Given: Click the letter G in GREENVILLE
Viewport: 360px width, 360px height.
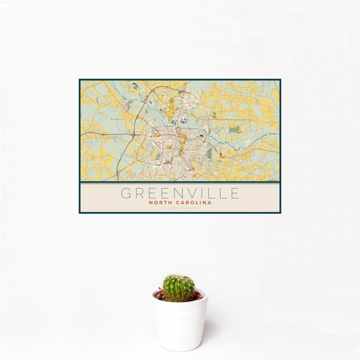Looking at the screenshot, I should [x=126, y=193].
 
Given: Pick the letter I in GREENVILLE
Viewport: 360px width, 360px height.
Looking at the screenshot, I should [x=196, y=193].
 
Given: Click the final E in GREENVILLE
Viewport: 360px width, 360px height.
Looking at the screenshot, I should [x=234, y=193].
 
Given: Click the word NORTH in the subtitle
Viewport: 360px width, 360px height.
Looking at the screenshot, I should [x=162, y=203].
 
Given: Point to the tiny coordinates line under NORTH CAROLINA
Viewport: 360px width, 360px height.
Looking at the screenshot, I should [x=180, y=208].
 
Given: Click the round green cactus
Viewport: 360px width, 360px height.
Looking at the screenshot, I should [x=179, y=287].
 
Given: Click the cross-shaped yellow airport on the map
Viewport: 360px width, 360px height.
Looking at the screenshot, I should [x=171, y=108].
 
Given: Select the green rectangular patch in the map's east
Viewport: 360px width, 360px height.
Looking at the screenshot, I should [x=235, y=129].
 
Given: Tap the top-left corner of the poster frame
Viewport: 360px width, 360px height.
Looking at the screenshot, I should [x=79, y=79].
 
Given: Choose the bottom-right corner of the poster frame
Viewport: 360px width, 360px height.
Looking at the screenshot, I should [x=280, y=213].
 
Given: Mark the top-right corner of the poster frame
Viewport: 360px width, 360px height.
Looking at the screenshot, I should [x=280, y=79].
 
